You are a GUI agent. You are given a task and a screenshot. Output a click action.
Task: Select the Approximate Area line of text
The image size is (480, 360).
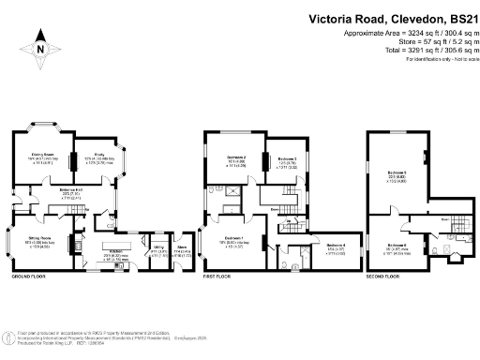tap(393, 33)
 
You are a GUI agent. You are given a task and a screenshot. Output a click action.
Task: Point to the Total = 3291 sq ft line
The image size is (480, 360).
tap(397, 49)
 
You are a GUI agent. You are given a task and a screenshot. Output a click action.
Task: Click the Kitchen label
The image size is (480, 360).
tap(117, 252)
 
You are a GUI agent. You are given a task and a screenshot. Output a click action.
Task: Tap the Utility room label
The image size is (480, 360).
tap(159, 249)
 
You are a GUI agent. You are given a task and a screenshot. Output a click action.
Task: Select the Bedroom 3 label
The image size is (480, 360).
tap(287, 159)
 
